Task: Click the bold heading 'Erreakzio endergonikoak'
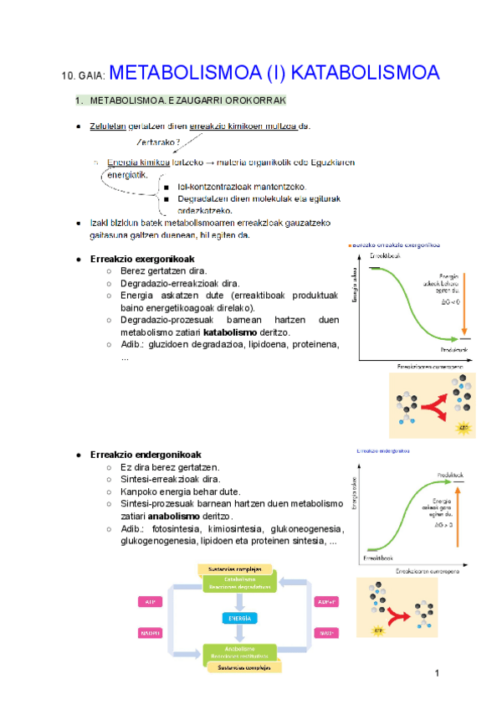(146, 455)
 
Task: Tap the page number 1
(437, 673)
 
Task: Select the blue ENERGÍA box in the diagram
(238, 618)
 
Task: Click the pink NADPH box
(151, 632)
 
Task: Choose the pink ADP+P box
(325, 601)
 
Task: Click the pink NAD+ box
(325, 632)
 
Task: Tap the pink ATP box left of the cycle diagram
(151, 601)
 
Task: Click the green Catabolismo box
(238, 583)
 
